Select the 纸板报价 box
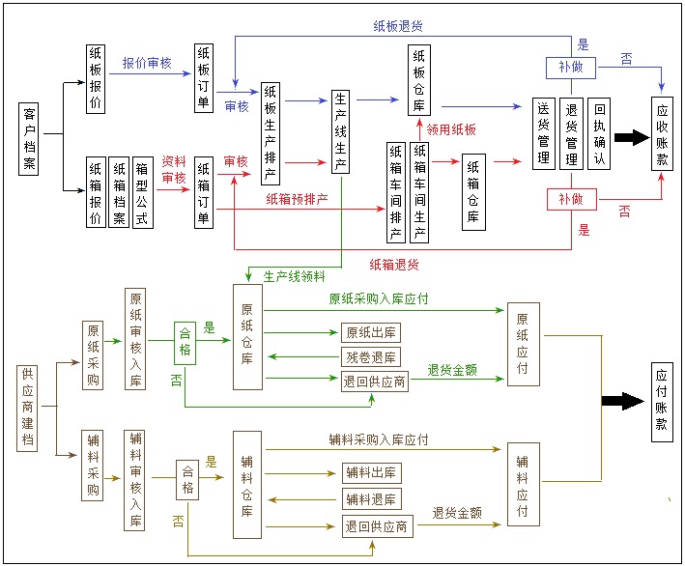(x=95, y=79)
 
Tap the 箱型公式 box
(x=141, y=192)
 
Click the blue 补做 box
(x=571, y=68)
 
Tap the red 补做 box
(x=571, y=198)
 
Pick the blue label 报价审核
(x=147, y=63)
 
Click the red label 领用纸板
(x=451, y=128)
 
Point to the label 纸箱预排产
(x=297, y=199)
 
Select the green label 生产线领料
(x=294, y=275)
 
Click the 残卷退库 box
(x=370, y=356)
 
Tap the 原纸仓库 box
(x=247, y=337)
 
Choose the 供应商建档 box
(x=29, y=408)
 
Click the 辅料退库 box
(x=371, y=498)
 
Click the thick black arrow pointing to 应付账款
(x=622, y=401)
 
